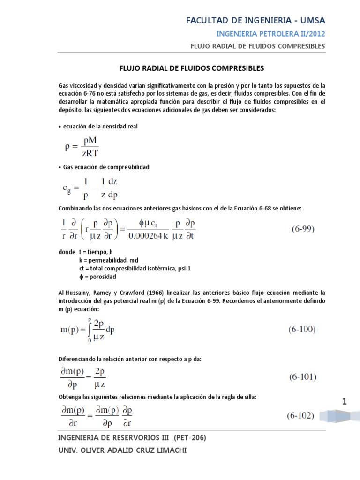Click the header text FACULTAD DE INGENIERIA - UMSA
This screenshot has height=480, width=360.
255,20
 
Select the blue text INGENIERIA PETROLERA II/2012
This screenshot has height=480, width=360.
270,34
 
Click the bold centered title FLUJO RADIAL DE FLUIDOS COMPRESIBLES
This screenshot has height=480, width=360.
190,68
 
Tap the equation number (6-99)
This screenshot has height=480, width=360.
301,229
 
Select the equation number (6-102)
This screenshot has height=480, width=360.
300,415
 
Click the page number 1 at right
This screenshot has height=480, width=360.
345,402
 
